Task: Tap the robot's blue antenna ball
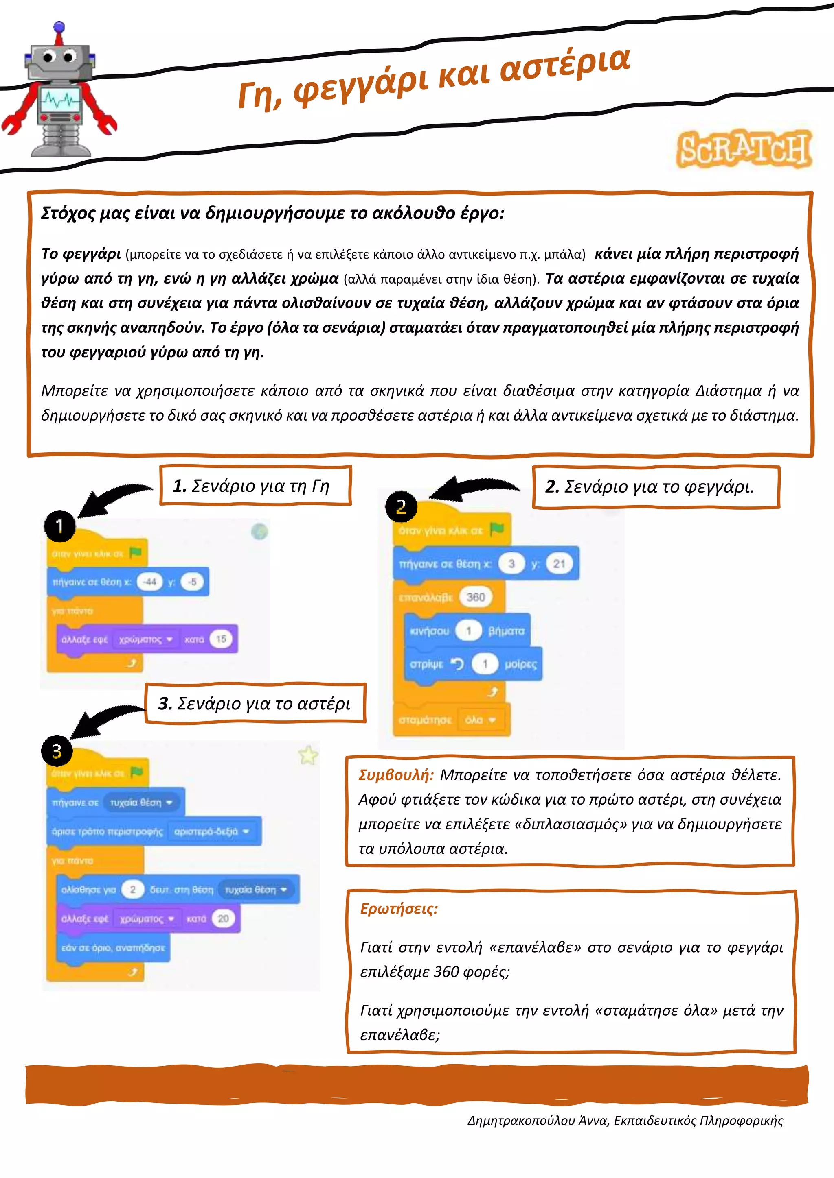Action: (x=59, y=26)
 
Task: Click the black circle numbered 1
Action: (x=59, y=526)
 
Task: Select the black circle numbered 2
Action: (x=401, y=506)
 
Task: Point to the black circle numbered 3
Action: (x=57, y=751)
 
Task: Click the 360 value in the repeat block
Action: (x=476, y=597)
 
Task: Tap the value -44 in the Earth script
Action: (x=150, y=582)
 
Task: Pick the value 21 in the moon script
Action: (x=559, y=564)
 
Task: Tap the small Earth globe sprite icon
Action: (x=259, y=532)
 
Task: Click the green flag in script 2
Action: (x=496, y=529)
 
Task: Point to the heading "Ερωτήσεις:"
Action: (x=399, y=909)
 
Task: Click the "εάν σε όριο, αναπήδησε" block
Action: (x=113, y=948)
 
